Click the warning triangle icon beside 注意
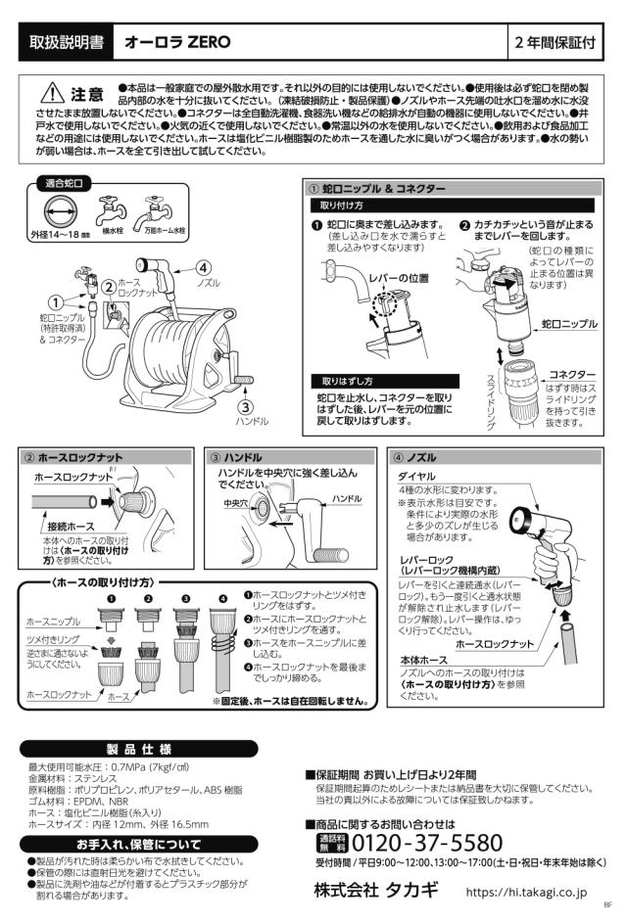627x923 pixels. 53,92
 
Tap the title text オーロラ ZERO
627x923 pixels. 177,42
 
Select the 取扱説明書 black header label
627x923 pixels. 66,42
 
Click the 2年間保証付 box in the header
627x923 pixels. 555,42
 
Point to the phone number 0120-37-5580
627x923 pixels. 427,843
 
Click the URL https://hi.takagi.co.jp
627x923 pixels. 526,893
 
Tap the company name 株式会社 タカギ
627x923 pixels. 376,890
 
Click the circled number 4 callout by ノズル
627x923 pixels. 204,268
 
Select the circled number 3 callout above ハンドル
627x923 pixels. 246,406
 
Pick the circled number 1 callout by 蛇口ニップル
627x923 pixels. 56,302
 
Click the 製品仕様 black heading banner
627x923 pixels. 139,749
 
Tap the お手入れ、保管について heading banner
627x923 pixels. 139,844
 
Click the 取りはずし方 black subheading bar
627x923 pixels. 385,381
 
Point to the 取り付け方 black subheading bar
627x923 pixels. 452,206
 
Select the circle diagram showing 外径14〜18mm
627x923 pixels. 60,210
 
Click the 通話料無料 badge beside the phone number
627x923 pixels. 333,843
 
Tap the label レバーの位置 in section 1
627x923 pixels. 399,278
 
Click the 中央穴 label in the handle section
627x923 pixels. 236,503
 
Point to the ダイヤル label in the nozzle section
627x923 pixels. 416,477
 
